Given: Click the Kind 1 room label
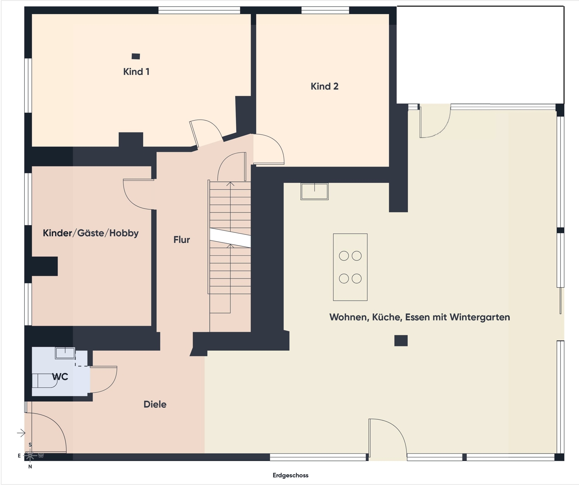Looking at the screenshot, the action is (136, 71).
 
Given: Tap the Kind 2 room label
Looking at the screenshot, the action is (325, 86).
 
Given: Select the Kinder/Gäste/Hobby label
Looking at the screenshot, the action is (91, 233).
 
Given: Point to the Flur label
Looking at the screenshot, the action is (182, 239).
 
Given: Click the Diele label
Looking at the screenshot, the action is (155, 404).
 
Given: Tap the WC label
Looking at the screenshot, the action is (60, 377).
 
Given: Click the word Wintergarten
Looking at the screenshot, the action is (480, 317).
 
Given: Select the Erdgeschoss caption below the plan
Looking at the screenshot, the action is (290, 475).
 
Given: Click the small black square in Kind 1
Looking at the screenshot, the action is (135, 56).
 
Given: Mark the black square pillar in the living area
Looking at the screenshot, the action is (401, 341).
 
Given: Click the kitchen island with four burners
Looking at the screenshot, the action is (350, 267).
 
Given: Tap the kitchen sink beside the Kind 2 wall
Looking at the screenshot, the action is (315, 192).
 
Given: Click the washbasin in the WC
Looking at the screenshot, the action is (65, 353).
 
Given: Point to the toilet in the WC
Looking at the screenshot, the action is (44, 380).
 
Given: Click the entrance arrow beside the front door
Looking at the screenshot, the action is (21, 433).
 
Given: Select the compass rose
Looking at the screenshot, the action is (30, 455).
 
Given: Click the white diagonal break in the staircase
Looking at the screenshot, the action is (230, 238).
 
